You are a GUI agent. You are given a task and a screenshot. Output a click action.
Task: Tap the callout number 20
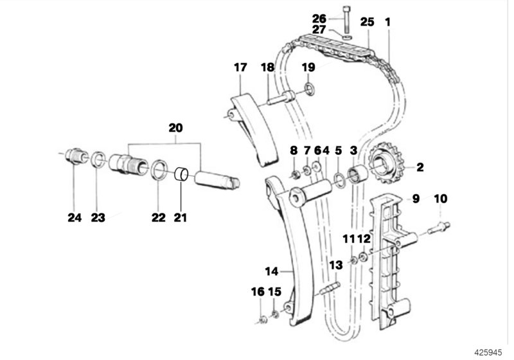click(x=175, y=127)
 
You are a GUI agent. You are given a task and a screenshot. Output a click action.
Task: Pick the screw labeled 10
click(x=438, y=226)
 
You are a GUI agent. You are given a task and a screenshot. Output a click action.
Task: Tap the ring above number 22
click(x=158, y=170)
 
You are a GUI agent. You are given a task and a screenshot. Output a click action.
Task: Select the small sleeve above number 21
click(x=182, y=174)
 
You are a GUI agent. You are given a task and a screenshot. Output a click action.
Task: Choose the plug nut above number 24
click(x=76, y=157)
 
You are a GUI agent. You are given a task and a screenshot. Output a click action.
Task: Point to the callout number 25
click(x=367, y=22)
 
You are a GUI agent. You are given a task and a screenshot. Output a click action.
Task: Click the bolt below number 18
click(x=279, y=98)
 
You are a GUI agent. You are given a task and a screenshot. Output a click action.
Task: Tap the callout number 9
click(x=415, y=199)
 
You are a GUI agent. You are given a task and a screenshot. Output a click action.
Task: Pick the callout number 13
click(x=335, y=265)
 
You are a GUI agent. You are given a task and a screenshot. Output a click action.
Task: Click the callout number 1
click(x=387, y=22)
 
